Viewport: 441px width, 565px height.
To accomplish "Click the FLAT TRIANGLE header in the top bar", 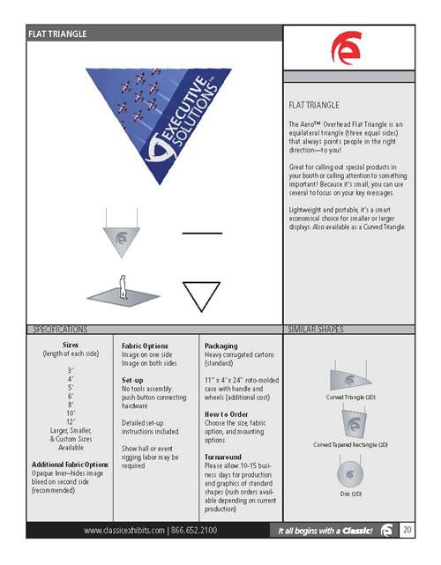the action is point(57,33).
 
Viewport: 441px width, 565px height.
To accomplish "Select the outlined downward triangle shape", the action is point(200,294).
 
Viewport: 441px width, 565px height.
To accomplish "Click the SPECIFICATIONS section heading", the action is point(63,330).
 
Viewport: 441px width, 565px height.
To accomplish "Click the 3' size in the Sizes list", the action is point(70,371).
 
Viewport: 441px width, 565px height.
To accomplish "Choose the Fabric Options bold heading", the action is point(145,346).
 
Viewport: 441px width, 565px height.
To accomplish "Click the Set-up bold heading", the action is point(133,379).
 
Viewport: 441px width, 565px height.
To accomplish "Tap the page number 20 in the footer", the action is point(407,530).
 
